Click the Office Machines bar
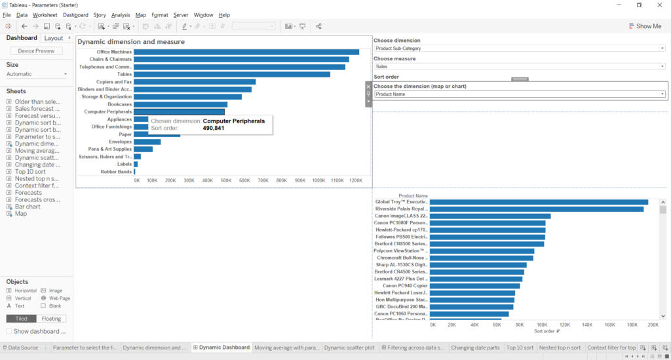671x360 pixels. tap(246, 52)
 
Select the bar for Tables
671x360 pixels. tap(231, 74)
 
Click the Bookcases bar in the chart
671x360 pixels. tap(180, 104)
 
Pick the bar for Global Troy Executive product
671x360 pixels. tap(538, 202)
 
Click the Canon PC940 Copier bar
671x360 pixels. tap(474, 286)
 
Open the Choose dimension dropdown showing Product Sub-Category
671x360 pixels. tap(520, 49)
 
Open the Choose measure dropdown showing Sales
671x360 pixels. tap(520, 66)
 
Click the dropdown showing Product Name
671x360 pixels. tap(520, 94)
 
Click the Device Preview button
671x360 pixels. tap(36, 51)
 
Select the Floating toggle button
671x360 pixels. tap(51, 319)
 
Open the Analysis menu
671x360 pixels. tap(121, 14)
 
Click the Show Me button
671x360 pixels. tap(645, 26)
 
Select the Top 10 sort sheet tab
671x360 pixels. tap(520, 348)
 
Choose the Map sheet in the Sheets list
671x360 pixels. tap(21, 214)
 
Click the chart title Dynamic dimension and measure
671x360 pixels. tap(131, 42)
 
